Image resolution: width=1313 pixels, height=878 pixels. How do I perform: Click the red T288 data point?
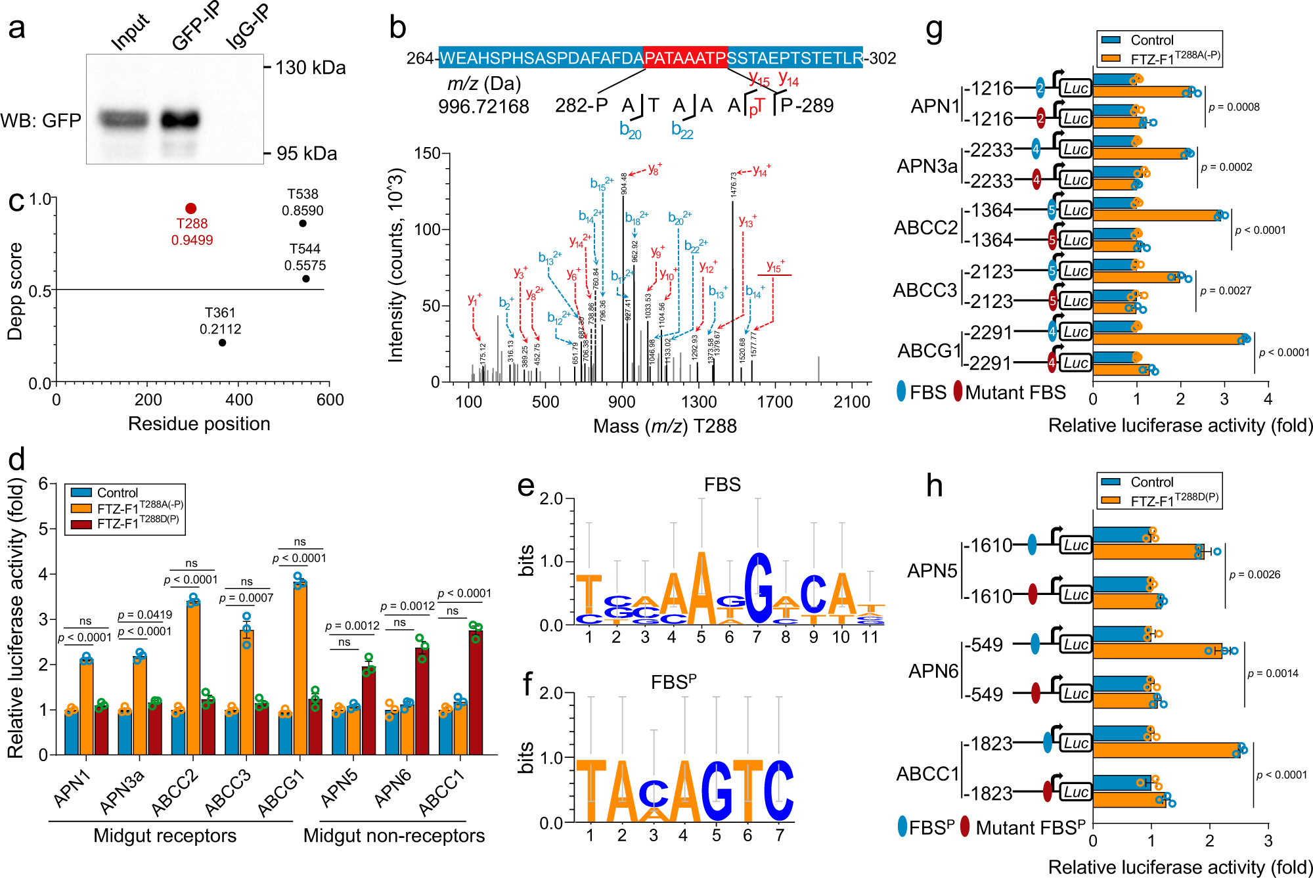coord(190,208)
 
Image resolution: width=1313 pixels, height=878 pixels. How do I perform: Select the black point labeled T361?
coord(222,342)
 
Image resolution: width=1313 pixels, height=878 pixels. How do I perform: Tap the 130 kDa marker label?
coord(310,68)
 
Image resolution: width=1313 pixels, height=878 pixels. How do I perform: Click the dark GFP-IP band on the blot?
coord(179,120)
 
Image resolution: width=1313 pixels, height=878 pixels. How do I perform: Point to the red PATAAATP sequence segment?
coord(684,58)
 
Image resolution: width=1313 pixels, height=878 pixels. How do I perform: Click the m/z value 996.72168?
coord(483,106)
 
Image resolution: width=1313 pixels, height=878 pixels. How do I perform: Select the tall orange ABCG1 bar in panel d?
coord(300,667)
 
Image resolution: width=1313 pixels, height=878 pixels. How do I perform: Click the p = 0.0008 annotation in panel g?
coord(1234,107)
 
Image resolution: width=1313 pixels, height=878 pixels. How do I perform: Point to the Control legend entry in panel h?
coord(1151,482)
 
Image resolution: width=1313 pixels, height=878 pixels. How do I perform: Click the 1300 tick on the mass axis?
coord(698,401)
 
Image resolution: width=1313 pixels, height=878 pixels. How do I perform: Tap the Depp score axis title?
coord(15,291)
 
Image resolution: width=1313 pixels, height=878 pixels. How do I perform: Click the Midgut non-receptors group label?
coord(393,835)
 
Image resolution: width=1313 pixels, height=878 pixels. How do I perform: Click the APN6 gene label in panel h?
coord(933,670)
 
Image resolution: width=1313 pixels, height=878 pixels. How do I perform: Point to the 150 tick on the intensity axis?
coord(427,154)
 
